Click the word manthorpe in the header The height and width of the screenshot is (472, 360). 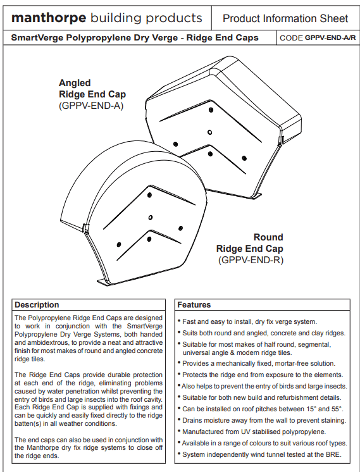[x=49, y=18]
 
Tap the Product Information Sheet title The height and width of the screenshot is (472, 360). [x=285, y=18]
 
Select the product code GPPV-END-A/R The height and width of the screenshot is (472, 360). [x=330, y=38]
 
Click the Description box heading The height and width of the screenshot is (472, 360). [x=37, y=304]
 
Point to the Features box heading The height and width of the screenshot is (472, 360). [x=194, y=304]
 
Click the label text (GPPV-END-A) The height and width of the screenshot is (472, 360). [x=91, y=106]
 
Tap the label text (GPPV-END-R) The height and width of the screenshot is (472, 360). [x=251, y=260]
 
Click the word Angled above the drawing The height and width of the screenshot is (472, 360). [x=75, y=83]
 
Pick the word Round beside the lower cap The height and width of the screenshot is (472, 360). [x=268, y=237]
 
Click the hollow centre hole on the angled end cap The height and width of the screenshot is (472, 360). [x=210, y=132]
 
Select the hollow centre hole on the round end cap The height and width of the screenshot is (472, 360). [x=151, y=218]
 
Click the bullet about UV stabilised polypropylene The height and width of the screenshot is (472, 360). [x=252, y=432]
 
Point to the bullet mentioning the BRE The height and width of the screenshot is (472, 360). [x=260, y=454]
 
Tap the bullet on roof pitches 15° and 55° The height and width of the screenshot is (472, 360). [x=261, y=409]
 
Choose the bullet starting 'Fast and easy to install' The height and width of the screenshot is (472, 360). [x=247, y=322]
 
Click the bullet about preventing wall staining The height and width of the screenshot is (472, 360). [x=262, y=421]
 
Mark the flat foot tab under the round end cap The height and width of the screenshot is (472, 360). [x=104, y=282]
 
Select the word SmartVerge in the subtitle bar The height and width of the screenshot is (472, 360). [x=37, y=38]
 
